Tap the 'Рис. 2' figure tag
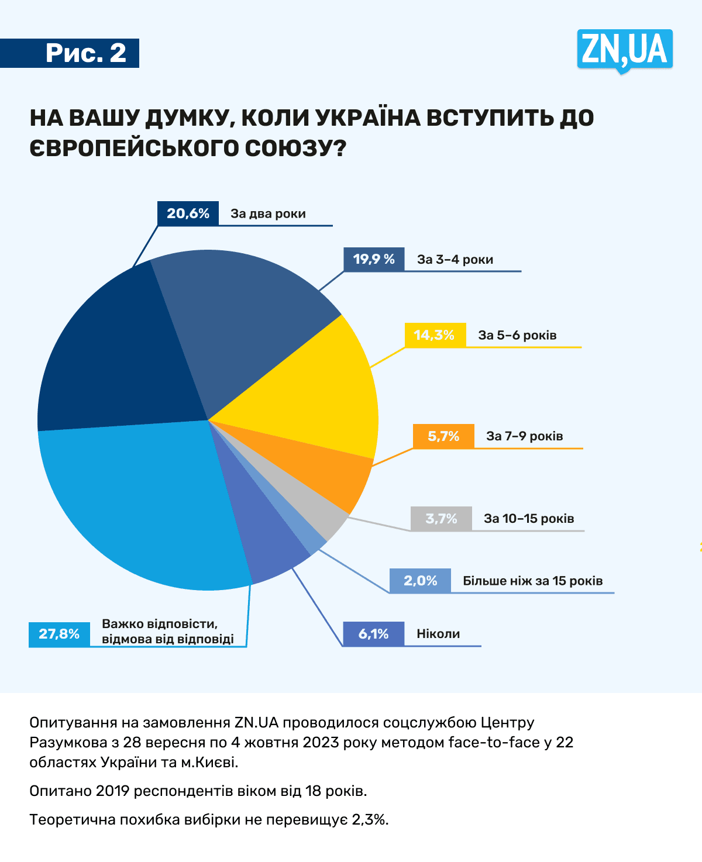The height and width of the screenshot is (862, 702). coord(85,53)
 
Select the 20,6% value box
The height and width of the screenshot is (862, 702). coord(188,213)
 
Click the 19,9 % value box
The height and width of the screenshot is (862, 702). coord(374,259)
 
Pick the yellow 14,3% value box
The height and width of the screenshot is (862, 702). coord(435,335)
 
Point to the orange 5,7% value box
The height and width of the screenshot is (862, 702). coord(443,436)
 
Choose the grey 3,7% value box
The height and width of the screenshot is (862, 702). coord(441,519)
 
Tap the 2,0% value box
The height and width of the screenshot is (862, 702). coord(420,581)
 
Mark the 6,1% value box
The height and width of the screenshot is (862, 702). coord(373,634)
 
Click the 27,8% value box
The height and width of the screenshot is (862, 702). coord(59,634)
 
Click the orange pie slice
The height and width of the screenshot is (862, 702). coord(328,474)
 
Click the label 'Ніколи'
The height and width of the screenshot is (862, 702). coord(438,634)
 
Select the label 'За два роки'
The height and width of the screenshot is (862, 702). coord(268,213)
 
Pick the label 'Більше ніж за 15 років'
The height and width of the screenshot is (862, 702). coord(532,581)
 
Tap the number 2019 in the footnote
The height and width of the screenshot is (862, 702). coord(113,791)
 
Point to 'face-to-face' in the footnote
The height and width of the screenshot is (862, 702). coord(494,743)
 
